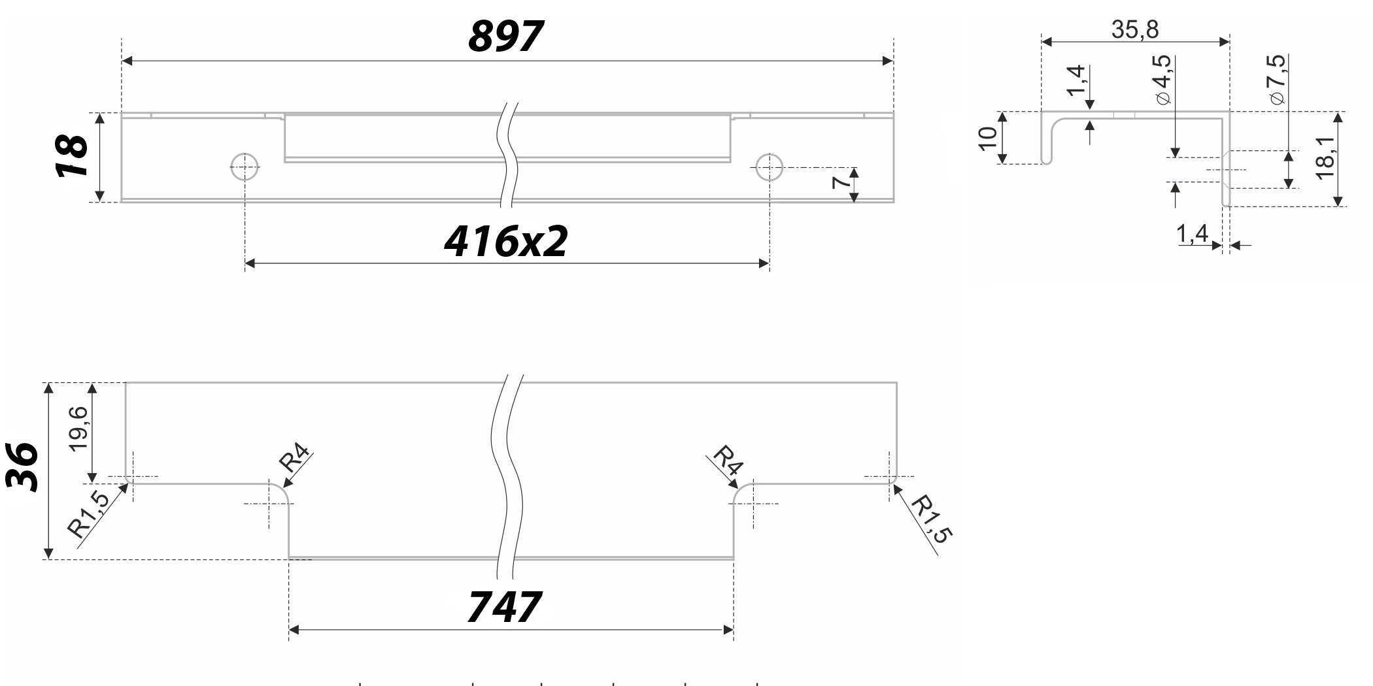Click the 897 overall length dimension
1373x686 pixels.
(505, 36)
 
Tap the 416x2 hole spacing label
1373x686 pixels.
(506, 241)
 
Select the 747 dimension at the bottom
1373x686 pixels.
(504, 607)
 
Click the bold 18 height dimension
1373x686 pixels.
(72, 156)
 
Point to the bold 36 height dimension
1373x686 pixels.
(22, 466)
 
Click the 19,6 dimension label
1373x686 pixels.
(78, 428)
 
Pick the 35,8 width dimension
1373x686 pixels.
(1135, 29)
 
